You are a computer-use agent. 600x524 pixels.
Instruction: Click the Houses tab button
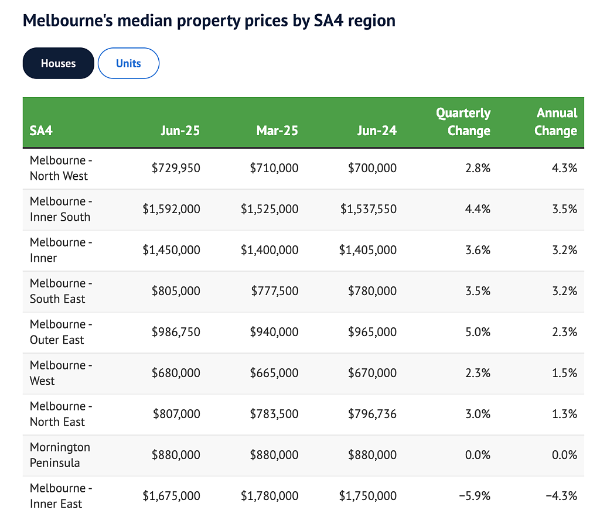coord(58,63)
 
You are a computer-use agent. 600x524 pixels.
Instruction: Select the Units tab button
coord(128,63)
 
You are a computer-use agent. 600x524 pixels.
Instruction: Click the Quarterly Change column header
coord(463,122)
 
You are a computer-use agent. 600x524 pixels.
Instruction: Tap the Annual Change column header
coord(556,122)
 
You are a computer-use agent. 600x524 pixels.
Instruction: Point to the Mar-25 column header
coord(277,131)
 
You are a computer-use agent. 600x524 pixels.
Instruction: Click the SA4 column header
coord(41,131)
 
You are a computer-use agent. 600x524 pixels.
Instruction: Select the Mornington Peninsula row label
coord(60,455)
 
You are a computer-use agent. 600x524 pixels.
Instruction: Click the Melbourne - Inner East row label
coord(61,496)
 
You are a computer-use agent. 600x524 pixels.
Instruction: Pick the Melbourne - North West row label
coord(61,168)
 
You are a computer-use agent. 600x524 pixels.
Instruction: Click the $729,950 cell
coord(176,168)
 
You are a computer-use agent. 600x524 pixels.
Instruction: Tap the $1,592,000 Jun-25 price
coord(172,209)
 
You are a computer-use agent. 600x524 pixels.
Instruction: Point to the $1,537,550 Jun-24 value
coord(369,209)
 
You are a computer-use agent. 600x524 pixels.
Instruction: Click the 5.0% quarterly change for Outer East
coord(478,331)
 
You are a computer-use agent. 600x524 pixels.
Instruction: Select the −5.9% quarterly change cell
coord(475,496)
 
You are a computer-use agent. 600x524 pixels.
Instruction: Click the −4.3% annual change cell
coord(561,496)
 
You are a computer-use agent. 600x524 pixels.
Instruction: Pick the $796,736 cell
coord(372,414)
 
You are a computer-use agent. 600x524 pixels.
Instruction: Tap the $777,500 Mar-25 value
coord(275,290)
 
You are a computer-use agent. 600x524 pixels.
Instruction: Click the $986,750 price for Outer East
coord(176,331)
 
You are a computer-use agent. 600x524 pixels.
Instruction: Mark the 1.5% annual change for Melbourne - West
coord(564,372)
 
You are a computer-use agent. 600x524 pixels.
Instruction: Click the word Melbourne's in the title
coord(68,20)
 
